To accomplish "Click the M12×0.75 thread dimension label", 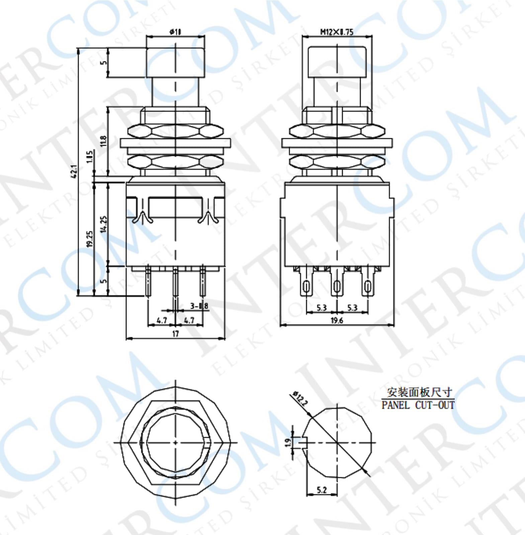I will coord(337,32).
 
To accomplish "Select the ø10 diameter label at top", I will coord(175,32).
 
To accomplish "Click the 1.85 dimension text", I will coord(90,156).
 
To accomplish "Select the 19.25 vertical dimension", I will coord(89,239).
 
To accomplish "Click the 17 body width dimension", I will coord(175,333).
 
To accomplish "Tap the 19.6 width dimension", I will coord(337,320).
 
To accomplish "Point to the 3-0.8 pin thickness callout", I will coord(199,306).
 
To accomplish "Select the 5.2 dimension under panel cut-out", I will coord(321,490).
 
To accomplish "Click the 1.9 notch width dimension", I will coord(287,443).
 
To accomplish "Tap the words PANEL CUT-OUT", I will coord(418,405).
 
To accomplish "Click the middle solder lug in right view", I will coord(337,284).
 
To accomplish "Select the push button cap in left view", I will coord(175,63).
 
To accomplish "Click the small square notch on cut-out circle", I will coord(304,443).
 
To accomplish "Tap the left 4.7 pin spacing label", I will coord(162,320).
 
